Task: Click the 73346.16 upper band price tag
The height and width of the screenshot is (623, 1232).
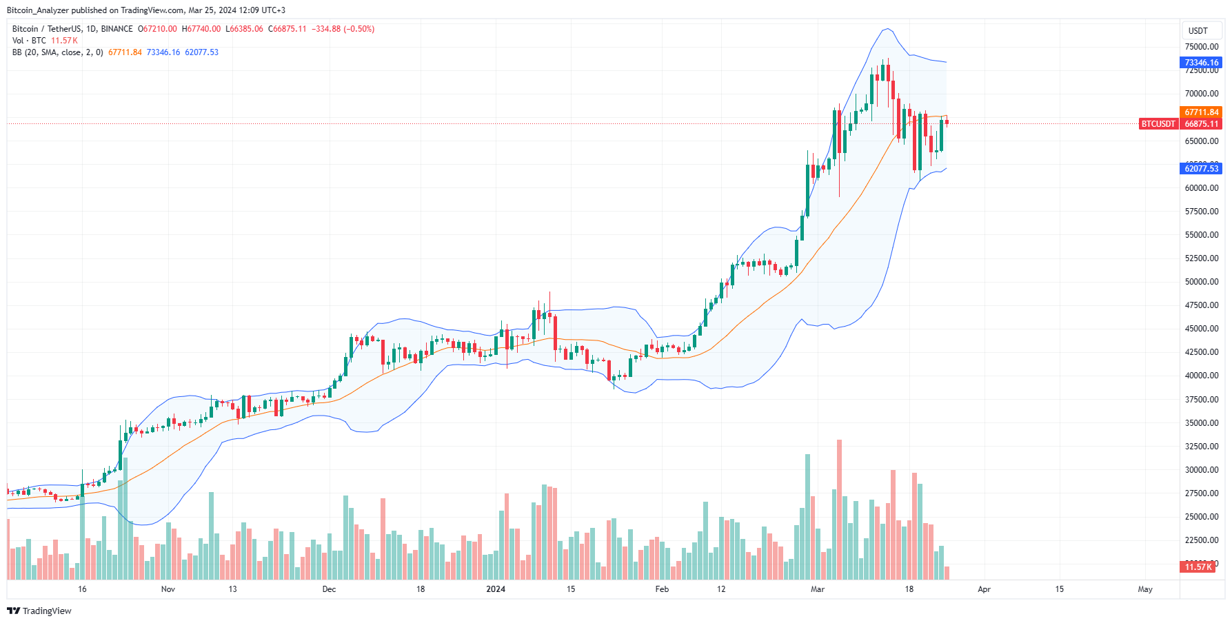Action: pyautogui.click(x=1202, y=63)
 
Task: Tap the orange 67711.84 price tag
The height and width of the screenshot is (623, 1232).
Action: pyautogui.click(x=1202, y=112)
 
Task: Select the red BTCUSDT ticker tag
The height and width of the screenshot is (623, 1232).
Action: pyautogui.click(x=1158, y=124)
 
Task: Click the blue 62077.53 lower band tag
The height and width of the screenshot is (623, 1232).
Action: pyautogui.click(x=1202, y=169)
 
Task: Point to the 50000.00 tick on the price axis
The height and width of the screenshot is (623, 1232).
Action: pyautogui.click(x=1202, y=282)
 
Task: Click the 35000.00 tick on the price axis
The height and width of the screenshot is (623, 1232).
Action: pyautogui.click(x=1202, y=423)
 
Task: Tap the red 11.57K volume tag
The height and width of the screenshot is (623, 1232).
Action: pyautogui.click(x=1198, y=567)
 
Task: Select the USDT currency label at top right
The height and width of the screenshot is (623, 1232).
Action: pyautogui.click(x=1198, y=31)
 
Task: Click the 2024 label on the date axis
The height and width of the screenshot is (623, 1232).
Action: pyautogui.click(x=496, y=589)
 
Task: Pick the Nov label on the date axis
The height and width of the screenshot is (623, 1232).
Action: pyautogui.click(x=168, y=589)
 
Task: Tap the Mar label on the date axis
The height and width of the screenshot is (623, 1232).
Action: pyautogui.click(x=818, y=589)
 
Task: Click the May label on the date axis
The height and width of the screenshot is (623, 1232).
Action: pyautogui.click(x=1145, y=589)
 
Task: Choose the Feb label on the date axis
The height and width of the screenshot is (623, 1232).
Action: pyautogui.click(x=662, y=589)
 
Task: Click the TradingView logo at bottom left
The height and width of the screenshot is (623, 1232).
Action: pyautogui.click(x=39, y=611)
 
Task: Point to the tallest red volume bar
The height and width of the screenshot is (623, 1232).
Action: pyautogui.click(x=839, y=510)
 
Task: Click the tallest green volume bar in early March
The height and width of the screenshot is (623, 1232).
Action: pyautogui.click(x=807, y=517)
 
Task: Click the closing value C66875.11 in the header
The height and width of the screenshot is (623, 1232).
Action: pyautogui.click(x=287, y=29)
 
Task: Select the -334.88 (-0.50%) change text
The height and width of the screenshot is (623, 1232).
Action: pyautogui.click(x=343, y=29)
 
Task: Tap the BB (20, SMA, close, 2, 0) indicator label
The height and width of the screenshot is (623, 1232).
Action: pyautogui.click(x=58, y=52)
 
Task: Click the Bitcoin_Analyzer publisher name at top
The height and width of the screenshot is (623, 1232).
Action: pyautogui.click(x=38, y=10)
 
